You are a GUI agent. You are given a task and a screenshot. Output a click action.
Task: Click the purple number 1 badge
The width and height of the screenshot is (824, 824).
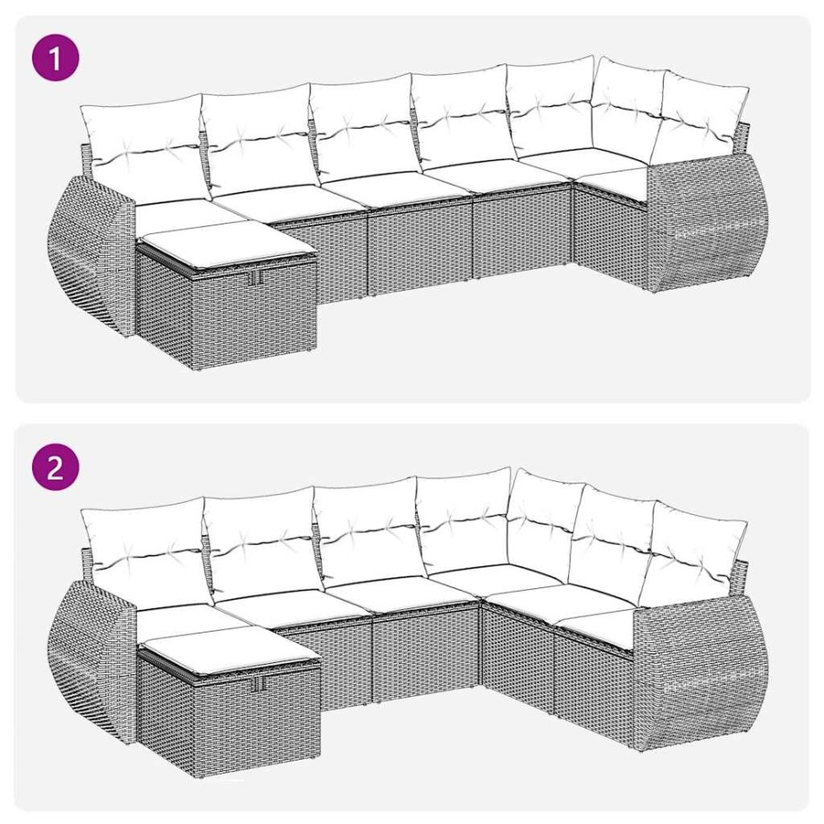55,60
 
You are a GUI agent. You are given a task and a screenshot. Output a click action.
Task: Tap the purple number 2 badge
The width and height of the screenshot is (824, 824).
55,469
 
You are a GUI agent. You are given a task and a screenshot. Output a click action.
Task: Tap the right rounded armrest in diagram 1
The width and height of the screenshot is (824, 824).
696,226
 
